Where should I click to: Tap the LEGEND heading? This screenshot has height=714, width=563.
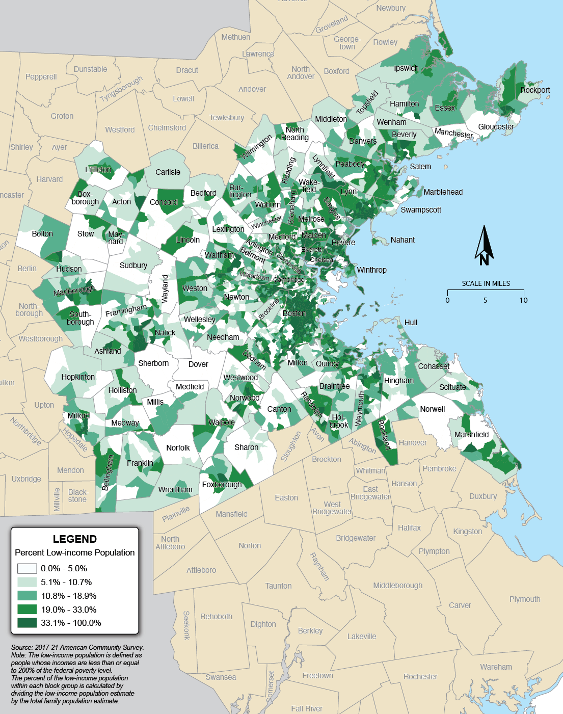point(74,539)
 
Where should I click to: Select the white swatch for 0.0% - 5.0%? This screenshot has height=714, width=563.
point(27,568)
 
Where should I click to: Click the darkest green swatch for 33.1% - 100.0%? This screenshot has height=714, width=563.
point(27,623)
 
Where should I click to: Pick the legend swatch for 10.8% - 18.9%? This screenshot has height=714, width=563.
point(27,595)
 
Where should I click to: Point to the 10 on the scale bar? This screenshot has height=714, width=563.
point(523,300)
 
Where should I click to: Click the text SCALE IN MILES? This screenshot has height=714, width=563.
point(486,283)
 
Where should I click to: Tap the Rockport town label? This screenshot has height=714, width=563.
point(535,90)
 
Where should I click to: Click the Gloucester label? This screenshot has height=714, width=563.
point(496,127)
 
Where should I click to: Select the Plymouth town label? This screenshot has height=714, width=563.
point(525,599)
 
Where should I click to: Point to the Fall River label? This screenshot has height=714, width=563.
point(307,708)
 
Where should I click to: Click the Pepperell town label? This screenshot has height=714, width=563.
point(41,77)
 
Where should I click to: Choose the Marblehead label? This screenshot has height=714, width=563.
point(443,192)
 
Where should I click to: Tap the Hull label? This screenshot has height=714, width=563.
point(411,323)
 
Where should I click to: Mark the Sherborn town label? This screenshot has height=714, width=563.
point(153,363)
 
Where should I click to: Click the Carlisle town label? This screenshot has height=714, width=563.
point(168,172)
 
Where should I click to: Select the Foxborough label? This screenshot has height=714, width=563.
point(222,485)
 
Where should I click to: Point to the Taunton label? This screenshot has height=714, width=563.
point(278,586)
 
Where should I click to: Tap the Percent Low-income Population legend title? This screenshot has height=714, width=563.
point(75,552)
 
